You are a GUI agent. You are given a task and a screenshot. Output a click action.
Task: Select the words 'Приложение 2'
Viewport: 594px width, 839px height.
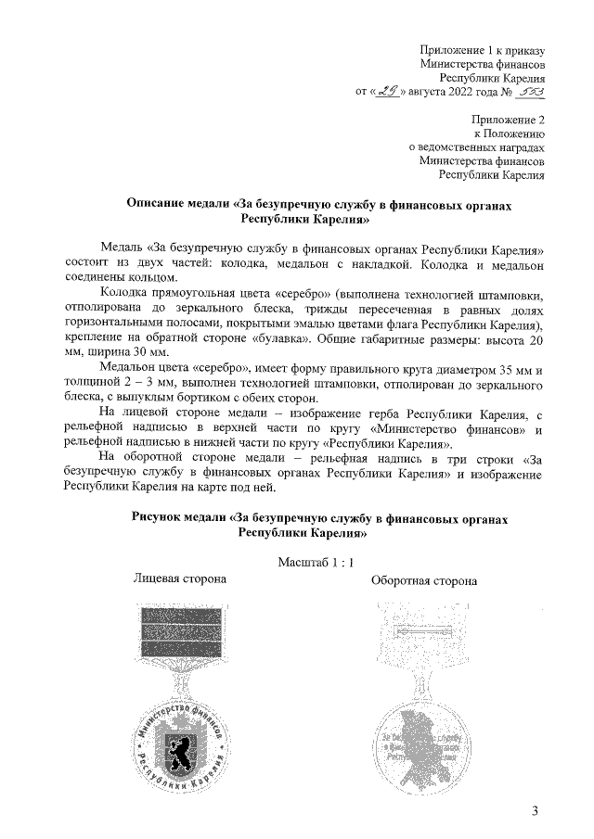click(x=508, y=119)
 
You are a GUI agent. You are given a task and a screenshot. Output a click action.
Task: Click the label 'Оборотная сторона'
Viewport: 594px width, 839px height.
click(x=424, y=581)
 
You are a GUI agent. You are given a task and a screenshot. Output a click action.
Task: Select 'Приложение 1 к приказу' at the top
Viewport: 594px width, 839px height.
click(x=482, y=49)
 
